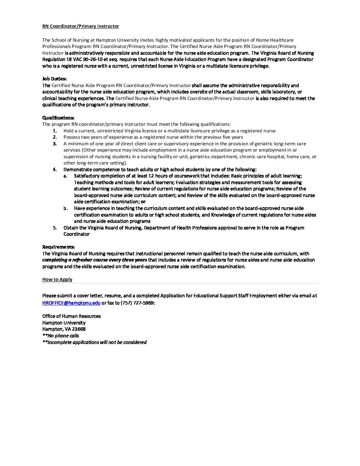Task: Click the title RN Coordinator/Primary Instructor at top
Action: point(80,26)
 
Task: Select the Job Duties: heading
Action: point(54,79)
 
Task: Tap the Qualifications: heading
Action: point(58,118)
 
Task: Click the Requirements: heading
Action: point(58,247)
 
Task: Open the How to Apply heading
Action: point(57,279)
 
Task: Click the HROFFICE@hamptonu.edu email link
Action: point(71,303)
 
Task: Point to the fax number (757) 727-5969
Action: point(137,303)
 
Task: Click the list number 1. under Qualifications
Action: point(55,131)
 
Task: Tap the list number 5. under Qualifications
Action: point(55,228)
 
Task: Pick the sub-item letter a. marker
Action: point(66,176)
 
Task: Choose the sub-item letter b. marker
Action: point(66,208)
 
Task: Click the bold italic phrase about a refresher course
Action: point(95,260)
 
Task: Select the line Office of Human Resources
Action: point(71,316)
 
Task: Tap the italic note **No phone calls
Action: point(61,336)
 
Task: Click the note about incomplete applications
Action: point(94,342)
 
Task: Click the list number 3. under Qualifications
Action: point(55,144)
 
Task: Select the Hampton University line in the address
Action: point(64,323)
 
